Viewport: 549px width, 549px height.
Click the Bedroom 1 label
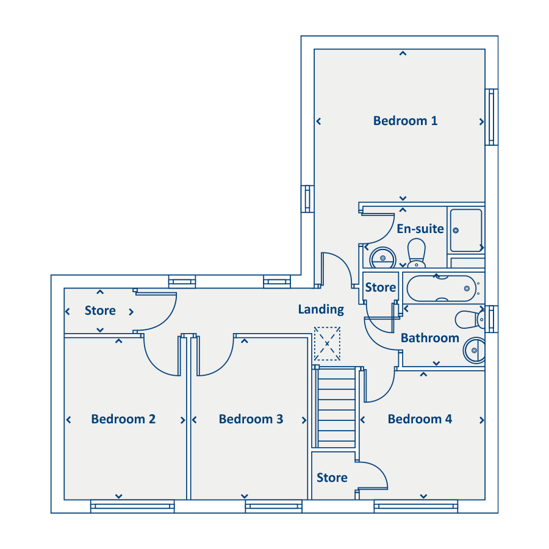(405, 121)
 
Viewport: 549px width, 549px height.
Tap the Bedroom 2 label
(123, 419)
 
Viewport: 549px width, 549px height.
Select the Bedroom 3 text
(251, 419)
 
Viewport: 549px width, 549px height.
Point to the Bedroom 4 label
(420, 419)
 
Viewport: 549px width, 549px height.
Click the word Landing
(321, 309)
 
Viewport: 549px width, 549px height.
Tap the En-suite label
(420, 229)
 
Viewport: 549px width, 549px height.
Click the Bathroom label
(429, 338)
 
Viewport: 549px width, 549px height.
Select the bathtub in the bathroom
(442, 289)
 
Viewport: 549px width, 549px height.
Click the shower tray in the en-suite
(466, 231)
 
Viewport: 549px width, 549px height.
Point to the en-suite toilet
(417, 253)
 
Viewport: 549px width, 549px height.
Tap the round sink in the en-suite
(382, 257)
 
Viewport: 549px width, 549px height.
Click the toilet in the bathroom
(470, 320)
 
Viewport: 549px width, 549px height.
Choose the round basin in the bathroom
(474, 351)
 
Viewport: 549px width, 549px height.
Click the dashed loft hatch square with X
(327, 344)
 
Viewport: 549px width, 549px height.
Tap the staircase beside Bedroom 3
(336, 407)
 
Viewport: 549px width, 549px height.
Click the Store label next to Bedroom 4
(332, 478)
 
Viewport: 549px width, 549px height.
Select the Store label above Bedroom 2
(100, 310)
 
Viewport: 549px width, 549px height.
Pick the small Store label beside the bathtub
(381, 287)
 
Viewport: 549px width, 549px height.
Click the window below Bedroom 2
(132, 506)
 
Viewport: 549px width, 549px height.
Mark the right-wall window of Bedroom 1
(492, 117)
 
